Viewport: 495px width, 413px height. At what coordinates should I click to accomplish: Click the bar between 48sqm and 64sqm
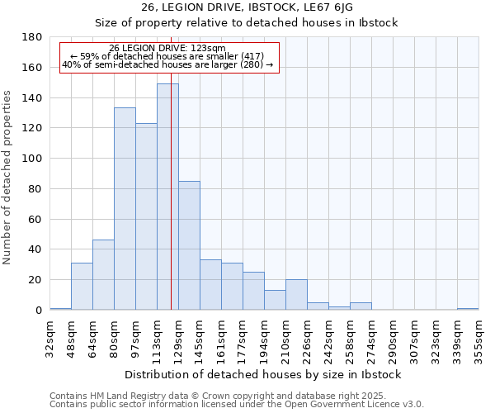click(82, 286)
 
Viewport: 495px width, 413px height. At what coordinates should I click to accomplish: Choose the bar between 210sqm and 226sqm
click(296, 295)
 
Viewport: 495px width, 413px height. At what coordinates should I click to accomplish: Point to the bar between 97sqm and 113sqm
click(146, 216)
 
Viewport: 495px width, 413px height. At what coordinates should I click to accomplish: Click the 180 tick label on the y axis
click(32, 37)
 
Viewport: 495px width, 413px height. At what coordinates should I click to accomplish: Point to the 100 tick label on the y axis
click(32, 159)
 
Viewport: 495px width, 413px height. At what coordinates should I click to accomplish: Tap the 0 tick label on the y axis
click(39, 311)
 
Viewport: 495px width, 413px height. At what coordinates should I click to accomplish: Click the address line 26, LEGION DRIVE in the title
click(247, 7)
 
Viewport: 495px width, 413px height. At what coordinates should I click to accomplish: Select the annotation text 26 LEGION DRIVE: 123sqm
click(167, 49)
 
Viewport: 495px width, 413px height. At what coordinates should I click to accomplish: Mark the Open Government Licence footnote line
click(237, 405)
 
